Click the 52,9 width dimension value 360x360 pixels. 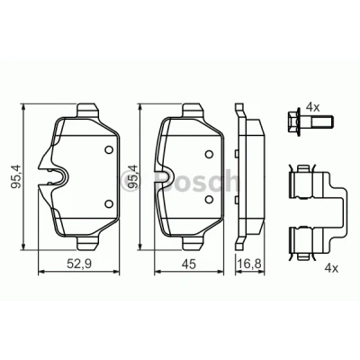79,265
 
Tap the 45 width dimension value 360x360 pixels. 189,265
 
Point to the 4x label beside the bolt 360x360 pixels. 312,106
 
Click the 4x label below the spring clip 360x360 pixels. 331,268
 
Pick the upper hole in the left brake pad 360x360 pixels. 109,149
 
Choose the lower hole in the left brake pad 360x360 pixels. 109,203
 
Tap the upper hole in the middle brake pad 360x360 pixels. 209,154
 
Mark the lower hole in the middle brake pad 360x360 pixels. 209,199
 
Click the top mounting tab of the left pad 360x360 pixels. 87,110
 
